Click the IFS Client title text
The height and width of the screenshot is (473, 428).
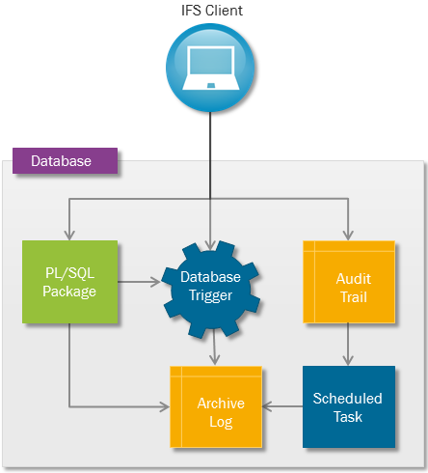click(212, 11)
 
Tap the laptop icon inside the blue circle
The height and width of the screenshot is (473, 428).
click(211, 69)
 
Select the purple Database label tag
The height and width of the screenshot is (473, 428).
click(65, 161)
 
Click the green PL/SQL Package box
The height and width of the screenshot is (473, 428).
click(69, 282)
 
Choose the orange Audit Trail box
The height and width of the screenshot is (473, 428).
click(349, 282)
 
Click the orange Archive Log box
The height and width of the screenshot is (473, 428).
click(216, 407)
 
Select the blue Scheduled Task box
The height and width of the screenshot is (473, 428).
click(349, 406)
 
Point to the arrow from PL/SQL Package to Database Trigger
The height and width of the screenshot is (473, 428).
click(140, 282)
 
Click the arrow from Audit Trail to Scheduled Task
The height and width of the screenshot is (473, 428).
click(348, 345)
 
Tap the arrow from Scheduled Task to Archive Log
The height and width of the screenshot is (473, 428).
click(282, 406)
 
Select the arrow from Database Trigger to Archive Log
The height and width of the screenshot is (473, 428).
click(214, 349)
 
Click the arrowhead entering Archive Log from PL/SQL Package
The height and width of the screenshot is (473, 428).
click(165, 407)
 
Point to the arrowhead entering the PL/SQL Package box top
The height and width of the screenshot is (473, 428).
click(69, 236)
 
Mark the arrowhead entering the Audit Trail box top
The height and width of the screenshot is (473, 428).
click(348, 236)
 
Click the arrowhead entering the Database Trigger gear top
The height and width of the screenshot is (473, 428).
click(210, 245)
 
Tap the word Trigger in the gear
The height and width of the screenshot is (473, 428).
click(210, 295)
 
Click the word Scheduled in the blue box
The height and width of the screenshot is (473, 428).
click(348, 399)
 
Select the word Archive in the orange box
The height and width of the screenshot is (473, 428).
click(221, 403)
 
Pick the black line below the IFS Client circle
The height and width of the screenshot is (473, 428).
click(210, 155)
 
